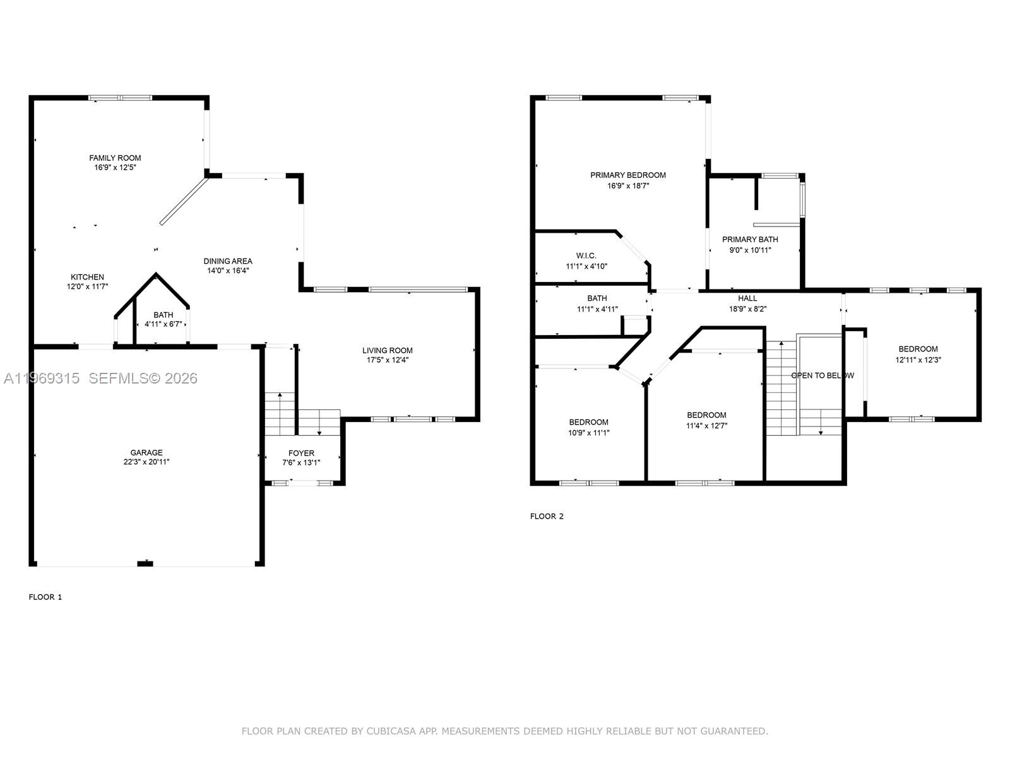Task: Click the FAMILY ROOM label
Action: click(x=115, y=158)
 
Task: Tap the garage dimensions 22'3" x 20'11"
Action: click(x=146, y=462)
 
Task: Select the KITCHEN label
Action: click(x=87, y=277)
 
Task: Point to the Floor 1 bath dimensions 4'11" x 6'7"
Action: click(x=163, y=324)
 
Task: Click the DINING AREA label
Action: click(x=228, y=261)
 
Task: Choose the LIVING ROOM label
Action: click(x=388, y=350)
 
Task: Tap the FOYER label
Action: click(x=301, y=453)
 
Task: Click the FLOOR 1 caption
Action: click(x=45, y=597)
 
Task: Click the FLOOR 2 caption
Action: click(x=547, y=516)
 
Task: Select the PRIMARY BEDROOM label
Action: click(x=628, y=175)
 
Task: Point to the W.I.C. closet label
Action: click(x=586, y=255)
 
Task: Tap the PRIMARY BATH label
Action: click(x=750, y=239)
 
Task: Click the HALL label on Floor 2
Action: click(x=747, y=298)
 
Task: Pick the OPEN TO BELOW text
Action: click(x=823, y=375)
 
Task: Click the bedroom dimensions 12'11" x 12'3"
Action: click(x=918, y=360)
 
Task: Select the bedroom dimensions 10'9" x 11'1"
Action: click(x=589, y=433)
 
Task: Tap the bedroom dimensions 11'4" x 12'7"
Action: click(x=706, y=425)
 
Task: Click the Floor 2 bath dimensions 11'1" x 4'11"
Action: click(x=597, y=309)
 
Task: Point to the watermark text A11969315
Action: click(x=42, y=378)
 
